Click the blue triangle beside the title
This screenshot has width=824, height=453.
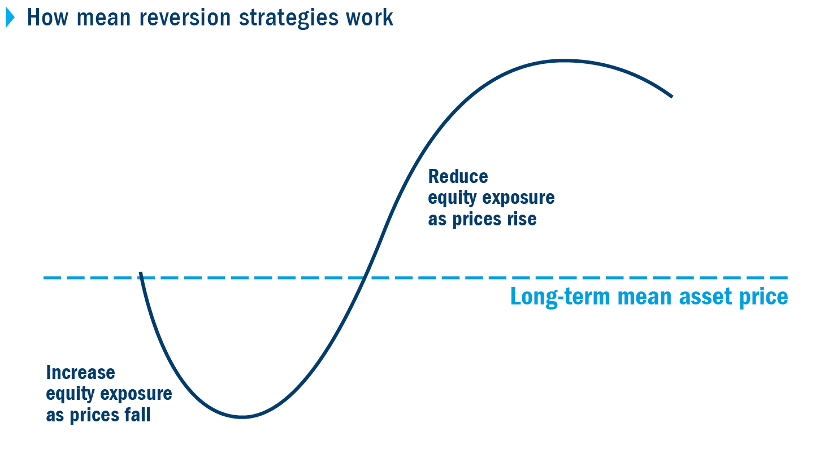[x=10, y=18]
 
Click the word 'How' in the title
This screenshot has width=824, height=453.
[x=47, y=18]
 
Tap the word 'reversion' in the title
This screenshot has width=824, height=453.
[x=185, y=18]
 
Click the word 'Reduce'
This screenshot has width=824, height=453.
[x=458, y=176]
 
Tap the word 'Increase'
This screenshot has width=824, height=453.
[x=81, y=372]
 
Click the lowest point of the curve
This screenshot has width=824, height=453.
[x=242, y=417]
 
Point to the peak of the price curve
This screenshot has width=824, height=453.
[x=565, y=60]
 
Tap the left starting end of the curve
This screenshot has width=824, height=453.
[x=140, y=272]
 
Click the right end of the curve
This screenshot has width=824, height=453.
[x=672, y=97]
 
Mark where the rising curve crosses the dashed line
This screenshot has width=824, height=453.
[x=364, y=277]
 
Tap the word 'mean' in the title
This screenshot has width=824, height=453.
[x=103, y=18]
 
